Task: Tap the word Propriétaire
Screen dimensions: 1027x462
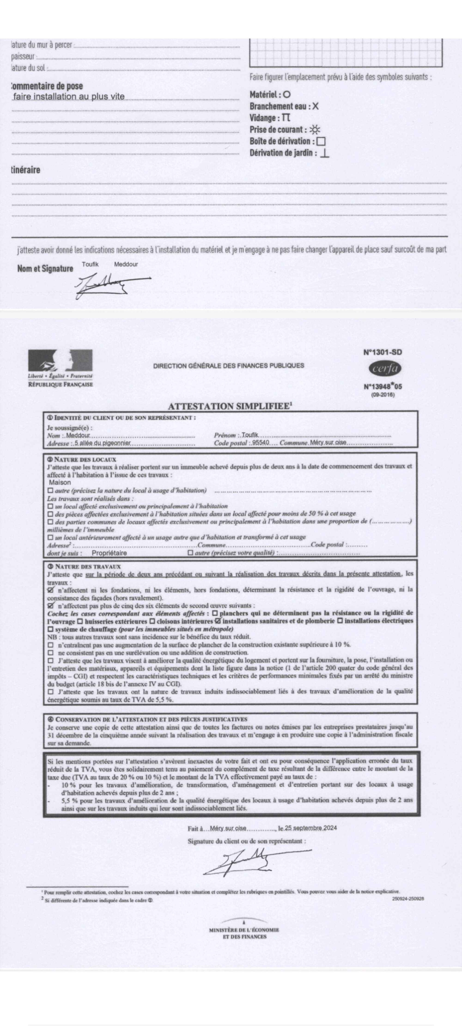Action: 109,553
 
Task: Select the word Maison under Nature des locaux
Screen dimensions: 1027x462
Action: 60,482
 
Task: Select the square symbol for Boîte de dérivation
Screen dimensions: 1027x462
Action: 321,141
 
